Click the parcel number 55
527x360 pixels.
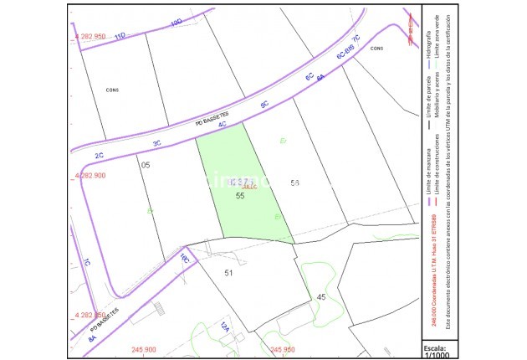point(240,195)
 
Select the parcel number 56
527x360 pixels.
point(294,183)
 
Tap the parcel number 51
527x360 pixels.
point(228,272)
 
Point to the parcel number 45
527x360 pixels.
point(320,297)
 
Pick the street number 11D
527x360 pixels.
point(120,36)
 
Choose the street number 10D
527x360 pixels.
point(176,23)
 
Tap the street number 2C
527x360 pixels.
point(99,156)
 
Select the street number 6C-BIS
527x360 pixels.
point(345,51)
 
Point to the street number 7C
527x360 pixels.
point(356,39)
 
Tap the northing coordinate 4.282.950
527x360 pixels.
point(90,37)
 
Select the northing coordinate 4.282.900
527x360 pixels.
point(90,176)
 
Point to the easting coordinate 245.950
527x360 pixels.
point(284,349)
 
